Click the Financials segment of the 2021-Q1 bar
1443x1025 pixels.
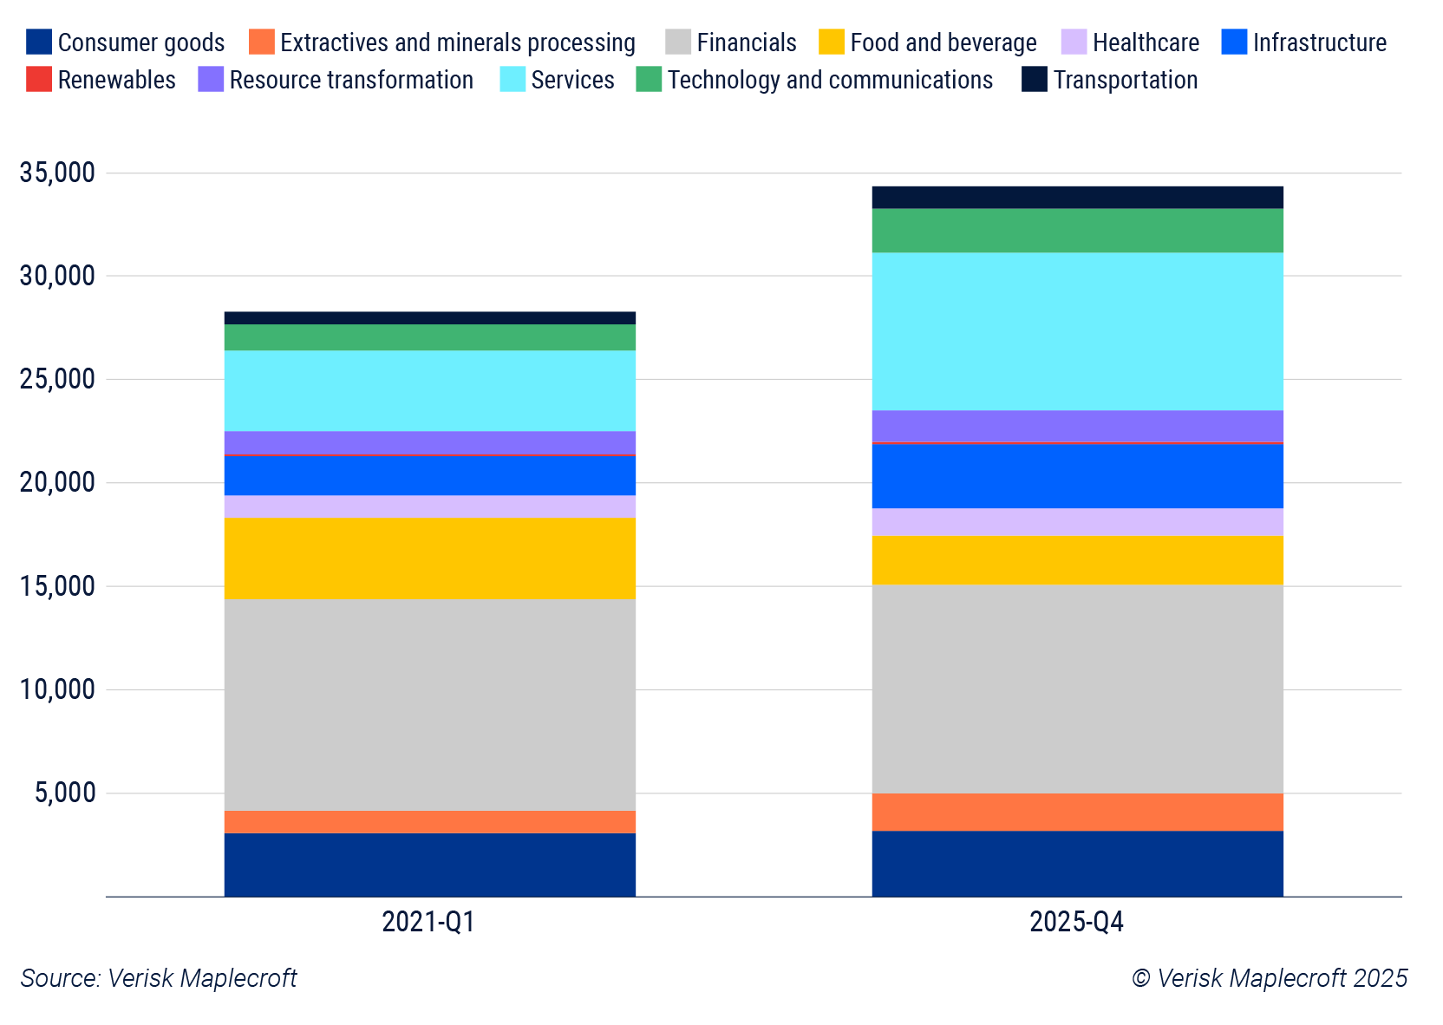tap(429, 704)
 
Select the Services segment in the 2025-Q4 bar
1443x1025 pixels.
tap(1077, 331)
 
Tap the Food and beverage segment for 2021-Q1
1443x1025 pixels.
tap(429, 558)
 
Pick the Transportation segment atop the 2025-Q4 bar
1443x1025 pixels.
tap(1077, 197)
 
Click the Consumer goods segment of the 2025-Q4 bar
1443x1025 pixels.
tap(1077, 863)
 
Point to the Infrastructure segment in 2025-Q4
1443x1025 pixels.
tap(1077, 476)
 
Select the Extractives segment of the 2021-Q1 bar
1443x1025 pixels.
tap(429, 821)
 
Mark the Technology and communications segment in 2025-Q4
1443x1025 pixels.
tap(1077, 231)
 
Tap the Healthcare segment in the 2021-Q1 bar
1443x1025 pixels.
tap(429, 506)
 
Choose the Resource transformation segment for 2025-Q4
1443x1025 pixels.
tap(1077, 426)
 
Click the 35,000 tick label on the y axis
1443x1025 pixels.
tap(57, 173)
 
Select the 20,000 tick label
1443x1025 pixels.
tap(57, 482)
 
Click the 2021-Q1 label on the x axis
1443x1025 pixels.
tap(428, 921)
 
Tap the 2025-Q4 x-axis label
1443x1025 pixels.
tap(1076, 921)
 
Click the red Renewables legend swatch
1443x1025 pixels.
tap(39, 79)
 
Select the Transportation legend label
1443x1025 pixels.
tap(1125, 80)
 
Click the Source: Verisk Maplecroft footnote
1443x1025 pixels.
tap(159, 978)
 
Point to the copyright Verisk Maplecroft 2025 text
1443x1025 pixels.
tap(1269, 978)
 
